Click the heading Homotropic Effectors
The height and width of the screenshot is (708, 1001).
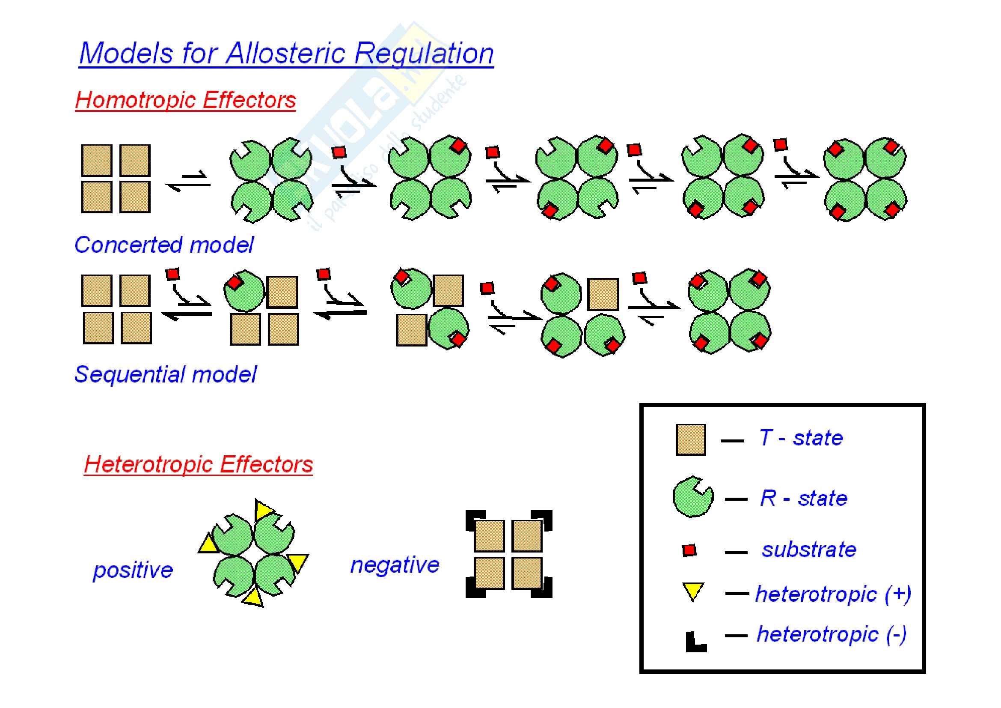[185, 100]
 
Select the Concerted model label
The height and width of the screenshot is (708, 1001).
[164, 245]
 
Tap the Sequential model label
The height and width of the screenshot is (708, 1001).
[166, 374]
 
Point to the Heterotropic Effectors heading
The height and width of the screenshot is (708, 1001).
[199, 464]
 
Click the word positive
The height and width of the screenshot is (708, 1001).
[133, 570]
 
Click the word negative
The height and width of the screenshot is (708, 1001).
[395, 565]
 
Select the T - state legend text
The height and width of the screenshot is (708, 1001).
[801, 438]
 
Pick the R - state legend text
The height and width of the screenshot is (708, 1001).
[804, 498]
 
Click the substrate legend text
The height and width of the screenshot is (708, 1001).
[809, 550]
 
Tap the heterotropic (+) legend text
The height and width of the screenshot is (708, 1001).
[833, 594]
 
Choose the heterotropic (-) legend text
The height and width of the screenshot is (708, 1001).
[832, 634]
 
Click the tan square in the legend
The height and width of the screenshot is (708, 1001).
[691, 440]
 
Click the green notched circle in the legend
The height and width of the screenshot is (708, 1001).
[692, 498]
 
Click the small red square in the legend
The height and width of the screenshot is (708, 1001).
[689, 550]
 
